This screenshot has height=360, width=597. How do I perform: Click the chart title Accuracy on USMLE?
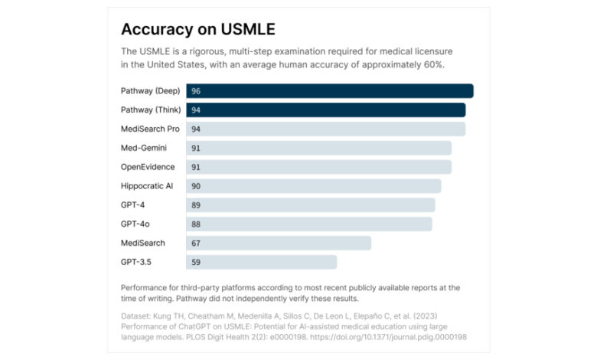pos(197,29)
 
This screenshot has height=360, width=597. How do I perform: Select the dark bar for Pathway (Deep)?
pos(329,91)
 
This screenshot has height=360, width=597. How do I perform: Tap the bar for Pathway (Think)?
pos(325,110)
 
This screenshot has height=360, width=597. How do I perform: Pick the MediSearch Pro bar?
pos(325,129)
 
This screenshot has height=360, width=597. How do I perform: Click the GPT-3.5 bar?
pos(261,262)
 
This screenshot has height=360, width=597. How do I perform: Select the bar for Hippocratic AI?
pos(313,186)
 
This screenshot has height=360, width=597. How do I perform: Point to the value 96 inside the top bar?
pos(196,91)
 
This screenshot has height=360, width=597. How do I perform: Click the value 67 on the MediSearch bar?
pos(196,243)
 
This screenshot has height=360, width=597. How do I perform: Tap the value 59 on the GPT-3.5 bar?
pos(196,262)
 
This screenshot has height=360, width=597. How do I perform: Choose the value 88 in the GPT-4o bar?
pos(196,224)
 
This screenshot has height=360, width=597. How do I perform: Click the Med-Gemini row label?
pos(143,148)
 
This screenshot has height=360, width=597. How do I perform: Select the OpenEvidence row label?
pos(148,167)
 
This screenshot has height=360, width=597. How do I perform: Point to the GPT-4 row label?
pos(133,205)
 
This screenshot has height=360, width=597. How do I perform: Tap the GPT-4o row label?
pos(135,224)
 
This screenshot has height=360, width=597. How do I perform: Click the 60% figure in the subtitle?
pos(434,65)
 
